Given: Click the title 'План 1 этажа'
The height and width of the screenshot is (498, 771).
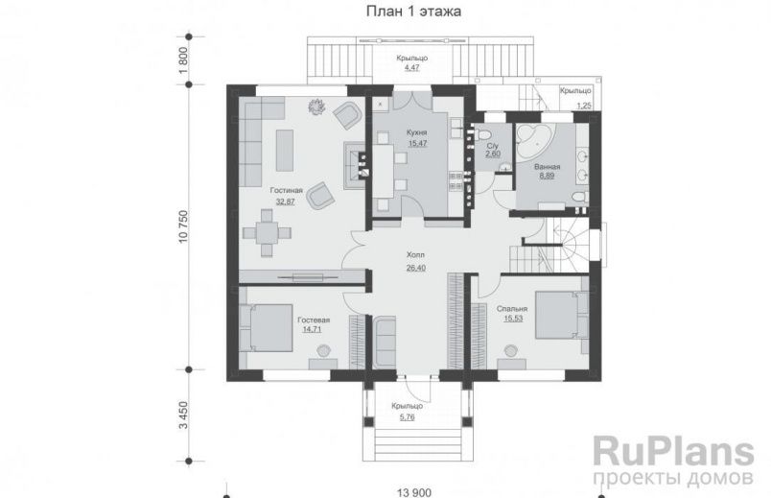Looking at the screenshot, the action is click(413, 12).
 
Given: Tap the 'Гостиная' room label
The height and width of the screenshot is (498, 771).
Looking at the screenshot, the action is click(286, 190).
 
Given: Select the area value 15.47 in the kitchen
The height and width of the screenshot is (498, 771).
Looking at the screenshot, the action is click(417, 144).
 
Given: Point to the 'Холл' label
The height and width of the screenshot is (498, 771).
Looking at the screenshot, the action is click(415, 255).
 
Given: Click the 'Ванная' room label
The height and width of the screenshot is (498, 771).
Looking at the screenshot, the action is click(548, 166).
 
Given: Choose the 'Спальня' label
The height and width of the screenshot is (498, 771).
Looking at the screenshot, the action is click(512, 309).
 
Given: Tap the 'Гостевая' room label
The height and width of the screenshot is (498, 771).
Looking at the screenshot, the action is click(314, 320).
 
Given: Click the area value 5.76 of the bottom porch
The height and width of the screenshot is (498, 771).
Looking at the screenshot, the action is click(408, 417).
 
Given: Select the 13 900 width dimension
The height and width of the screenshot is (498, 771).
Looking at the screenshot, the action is click(414, 492).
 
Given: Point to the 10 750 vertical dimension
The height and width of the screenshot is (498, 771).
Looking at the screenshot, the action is click(183, 226).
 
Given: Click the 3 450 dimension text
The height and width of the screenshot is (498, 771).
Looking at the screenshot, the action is click(183, 415).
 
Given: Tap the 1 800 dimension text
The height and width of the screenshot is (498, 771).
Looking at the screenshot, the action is click(183, 60).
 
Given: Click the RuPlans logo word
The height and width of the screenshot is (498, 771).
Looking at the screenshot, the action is click(673, 451).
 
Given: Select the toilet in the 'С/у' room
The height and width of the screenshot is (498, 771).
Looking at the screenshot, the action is click(484, 133).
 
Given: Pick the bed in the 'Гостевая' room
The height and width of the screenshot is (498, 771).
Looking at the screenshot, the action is click(266, 327).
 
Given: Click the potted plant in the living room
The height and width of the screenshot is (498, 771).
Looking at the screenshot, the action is click(315, 106).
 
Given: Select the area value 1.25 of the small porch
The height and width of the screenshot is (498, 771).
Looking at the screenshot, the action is click(584, 106).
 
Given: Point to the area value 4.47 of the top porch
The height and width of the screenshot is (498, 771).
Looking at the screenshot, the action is click(412, 67).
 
